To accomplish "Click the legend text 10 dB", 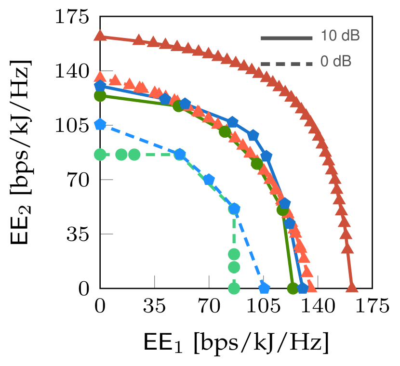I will pyautogui.click(x=340, y=36).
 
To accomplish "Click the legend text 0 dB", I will pyautogui.click(x=335, y=62).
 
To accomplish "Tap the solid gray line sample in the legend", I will pyautogui.click(x=287, y=38).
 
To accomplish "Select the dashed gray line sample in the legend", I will pyautogui.click(x=287, y=64).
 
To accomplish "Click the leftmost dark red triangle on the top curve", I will pyautogui.click(x=100, y=36).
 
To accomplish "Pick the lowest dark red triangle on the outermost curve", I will pyautogui.click(x=352, y=288).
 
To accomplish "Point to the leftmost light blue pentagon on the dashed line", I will pyautogui.click(x=100, y=124).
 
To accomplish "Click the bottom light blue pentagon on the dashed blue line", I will pyautogui.click(x=264, y=288).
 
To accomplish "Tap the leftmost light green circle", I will pyautogui.click(x=100, y=155).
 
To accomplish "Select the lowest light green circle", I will pyautogui.click(x=234, y=288).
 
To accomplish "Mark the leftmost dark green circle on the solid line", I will pyautogui.click(x=100, y=96).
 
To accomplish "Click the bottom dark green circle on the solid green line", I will pyautogui.click(x=293, y=288).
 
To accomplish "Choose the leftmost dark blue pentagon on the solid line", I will pyautogui.click(x=100, y=86).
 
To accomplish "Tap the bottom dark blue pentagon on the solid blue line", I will pyautogui.click(x=302, y=288).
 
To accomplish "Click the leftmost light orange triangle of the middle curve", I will pyautogui.click(x=100, y=77).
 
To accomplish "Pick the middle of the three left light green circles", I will pyautogui.click(x=121, y=155).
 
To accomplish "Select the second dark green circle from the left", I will pyautogui.click(x=178, y=106).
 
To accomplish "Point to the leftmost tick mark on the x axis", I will pyautogui.click(x=155, y=281).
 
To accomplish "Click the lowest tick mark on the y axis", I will pyautogui.click(x=107, y=234).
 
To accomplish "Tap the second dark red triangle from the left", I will pyautogui.click(x=139, y=39).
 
